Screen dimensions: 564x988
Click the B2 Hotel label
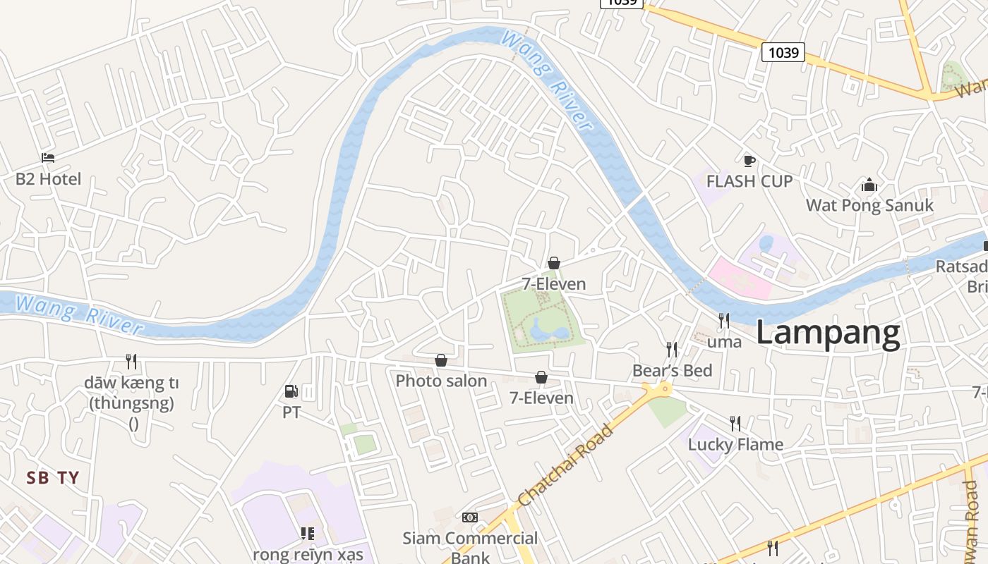pos(48,179)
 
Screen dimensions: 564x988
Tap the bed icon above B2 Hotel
pos(48,157)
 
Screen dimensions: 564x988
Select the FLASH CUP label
pos(749,181)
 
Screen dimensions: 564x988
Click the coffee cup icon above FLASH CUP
pos(749,161)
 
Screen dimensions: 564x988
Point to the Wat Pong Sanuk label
pos(869,205)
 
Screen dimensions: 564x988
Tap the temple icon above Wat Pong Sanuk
pos(869,185)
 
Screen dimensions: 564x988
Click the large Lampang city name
pos(828,333)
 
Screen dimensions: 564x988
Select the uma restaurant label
pos(724,342)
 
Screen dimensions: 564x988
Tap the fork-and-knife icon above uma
pos(723,321)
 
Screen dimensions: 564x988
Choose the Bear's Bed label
pos(672,370)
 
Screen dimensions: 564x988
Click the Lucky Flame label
pos(735,444)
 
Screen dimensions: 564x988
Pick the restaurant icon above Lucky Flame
pos(735,423)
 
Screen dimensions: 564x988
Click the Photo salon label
pos(441,381)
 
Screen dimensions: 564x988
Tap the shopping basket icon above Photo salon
pos(441,361)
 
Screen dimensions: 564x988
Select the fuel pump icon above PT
pos(291,391)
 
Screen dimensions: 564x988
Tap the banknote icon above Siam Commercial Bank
pos(470,517)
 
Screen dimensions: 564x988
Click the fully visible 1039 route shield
pos(783,51)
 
